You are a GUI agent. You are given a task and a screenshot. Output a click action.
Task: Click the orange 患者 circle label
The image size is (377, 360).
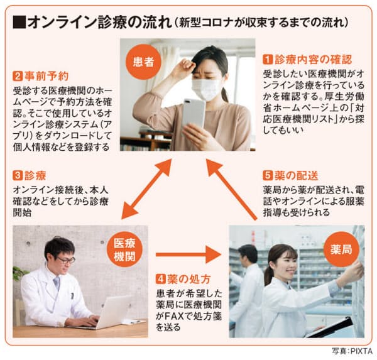coord(143,62)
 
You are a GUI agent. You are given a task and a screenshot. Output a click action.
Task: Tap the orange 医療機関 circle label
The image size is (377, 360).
coord(124,249)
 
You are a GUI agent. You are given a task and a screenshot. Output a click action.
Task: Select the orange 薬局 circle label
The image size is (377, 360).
coord(341,249)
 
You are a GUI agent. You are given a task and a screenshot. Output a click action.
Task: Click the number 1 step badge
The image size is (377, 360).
coord(268,60)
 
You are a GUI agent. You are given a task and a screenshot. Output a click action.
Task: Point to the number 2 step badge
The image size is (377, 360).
coord(18,77)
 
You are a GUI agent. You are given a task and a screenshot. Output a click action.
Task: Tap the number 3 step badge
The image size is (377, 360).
coord(18,175)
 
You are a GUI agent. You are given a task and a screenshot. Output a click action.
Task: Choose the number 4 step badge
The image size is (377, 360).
coord(160,279)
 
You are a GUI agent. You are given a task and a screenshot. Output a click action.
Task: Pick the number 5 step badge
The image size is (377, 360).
coord(268,176)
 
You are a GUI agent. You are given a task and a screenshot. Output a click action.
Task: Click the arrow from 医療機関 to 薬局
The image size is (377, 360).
coord(188,254)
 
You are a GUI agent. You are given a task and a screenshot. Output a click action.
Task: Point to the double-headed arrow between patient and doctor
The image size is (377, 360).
coord(146,188)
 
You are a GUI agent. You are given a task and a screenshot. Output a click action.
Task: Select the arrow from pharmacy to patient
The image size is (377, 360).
coord(231,189)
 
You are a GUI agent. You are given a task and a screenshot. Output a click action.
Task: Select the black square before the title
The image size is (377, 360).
coord(19,23)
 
